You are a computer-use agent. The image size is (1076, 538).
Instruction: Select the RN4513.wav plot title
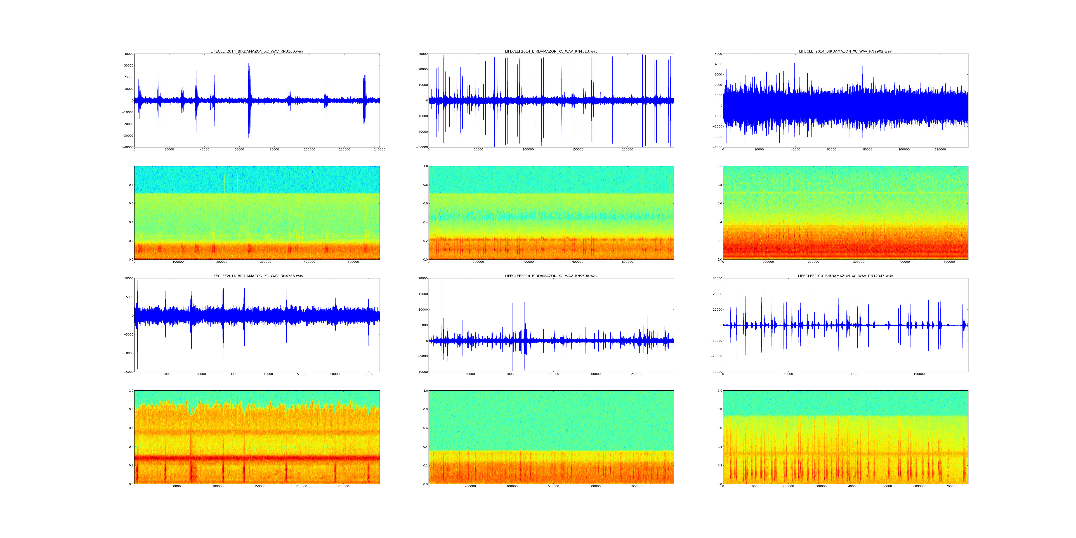[x=551, y=51]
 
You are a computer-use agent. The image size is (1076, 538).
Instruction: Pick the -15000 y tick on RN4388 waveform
[x=127, y=372]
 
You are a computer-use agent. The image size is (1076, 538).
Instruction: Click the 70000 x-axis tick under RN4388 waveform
[x=368, y=374]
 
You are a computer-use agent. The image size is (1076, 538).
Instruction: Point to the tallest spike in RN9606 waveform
[x=442, y=283]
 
